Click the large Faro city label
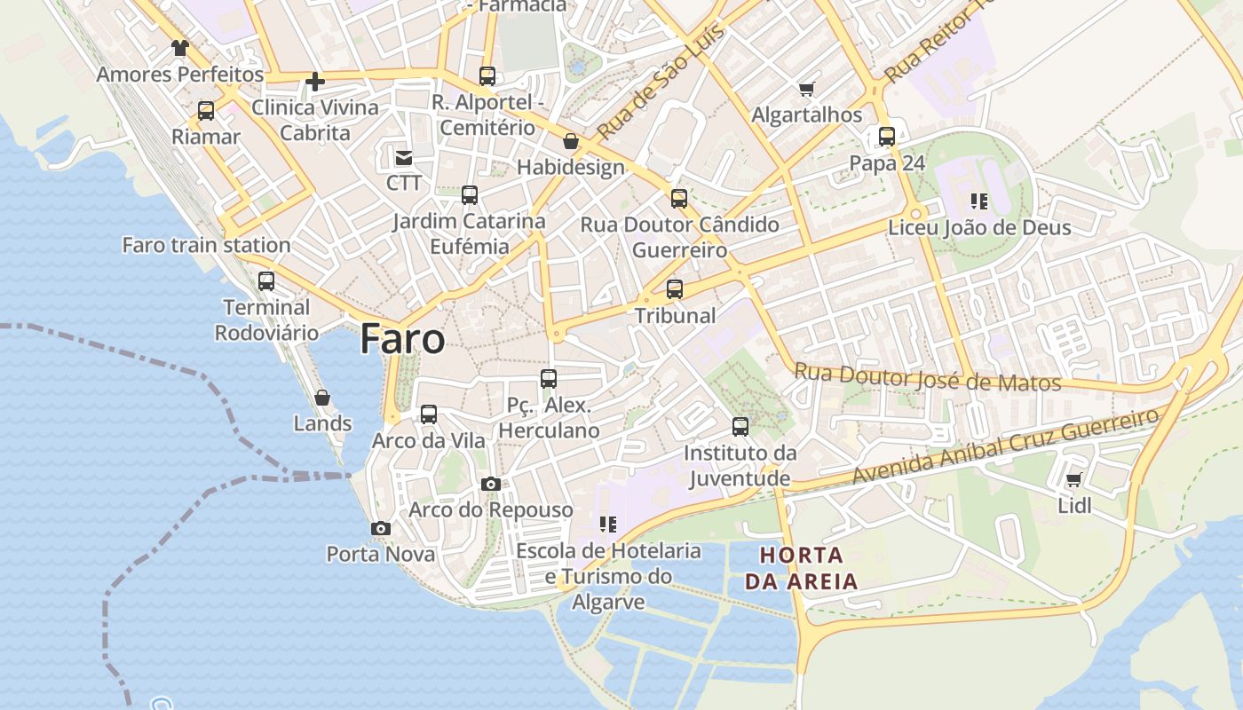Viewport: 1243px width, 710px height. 402,340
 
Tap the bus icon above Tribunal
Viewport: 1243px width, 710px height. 675,288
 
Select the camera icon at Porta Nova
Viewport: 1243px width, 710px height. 381,528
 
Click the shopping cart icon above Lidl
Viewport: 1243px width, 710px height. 1073,480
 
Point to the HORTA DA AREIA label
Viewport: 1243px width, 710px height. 801,569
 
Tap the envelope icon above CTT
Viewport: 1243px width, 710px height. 404,158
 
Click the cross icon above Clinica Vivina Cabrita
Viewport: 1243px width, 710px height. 314,83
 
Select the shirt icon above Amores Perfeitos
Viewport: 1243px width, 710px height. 180,48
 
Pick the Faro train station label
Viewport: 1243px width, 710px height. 206,245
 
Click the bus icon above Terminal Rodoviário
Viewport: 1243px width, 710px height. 266,281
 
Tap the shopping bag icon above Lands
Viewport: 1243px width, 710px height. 322,398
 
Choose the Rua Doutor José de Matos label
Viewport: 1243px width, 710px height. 928,377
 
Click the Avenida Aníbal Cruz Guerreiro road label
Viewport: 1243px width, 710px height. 1005,446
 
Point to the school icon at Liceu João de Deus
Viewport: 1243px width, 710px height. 979,201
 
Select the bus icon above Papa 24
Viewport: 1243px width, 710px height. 887,137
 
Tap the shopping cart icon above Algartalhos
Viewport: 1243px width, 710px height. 806,89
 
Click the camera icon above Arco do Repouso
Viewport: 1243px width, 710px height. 490,484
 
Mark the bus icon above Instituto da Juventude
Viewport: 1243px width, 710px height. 740,426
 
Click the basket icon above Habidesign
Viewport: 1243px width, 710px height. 571,141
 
